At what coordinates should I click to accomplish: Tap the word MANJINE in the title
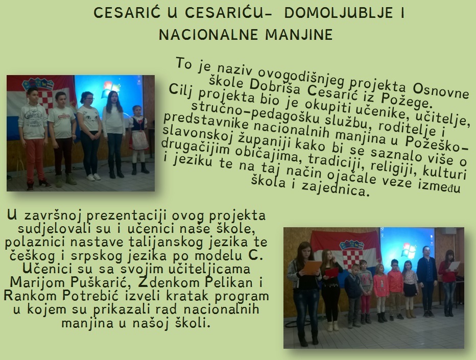pyautogui.click(x=299, y=35)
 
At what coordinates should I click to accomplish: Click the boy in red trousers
pyautogui.click(x=34, y=138)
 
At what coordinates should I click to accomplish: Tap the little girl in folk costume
pyautogui.click(x=138, y=139)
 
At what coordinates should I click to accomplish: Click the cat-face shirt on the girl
pyautogui.click(x=89, y=118)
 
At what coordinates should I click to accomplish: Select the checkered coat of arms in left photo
pyautogui.click(x=46, y=95)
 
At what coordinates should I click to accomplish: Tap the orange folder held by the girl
pyautogui.click(x=312, y=268)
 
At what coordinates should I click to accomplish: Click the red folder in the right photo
pyautogui.click(x=331, y=272)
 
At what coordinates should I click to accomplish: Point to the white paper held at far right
pyautogui.click(x=455, y=266)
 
